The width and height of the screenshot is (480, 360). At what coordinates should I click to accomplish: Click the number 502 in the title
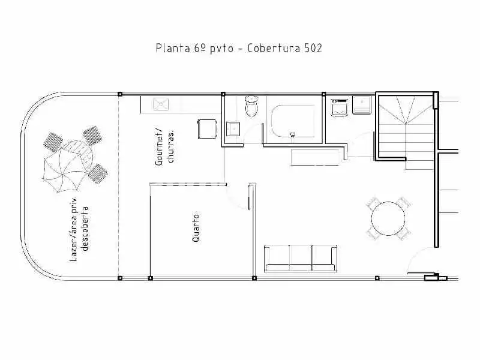313,49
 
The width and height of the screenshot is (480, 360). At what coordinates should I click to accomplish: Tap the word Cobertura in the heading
274,49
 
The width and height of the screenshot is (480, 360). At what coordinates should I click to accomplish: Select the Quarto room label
196,229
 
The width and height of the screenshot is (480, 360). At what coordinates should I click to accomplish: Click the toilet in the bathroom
251,106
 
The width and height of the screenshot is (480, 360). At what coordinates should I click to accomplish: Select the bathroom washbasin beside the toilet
233,129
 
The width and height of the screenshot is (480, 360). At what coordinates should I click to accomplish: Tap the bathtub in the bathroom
293,121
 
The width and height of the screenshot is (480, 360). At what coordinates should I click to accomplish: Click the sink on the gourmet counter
161,104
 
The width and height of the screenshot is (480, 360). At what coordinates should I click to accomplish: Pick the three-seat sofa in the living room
301,259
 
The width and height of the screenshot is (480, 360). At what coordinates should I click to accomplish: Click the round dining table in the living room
388,218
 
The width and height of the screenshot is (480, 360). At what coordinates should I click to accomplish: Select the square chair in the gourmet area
208,129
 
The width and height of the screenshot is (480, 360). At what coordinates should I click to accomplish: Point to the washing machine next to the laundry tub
339,108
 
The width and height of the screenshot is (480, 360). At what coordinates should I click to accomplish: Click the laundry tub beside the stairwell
362,105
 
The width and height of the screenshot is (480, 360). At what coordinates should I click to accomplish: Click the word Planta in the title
173,49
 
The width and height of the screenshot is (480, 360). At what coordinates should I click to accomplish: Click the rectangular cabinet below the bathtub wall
316,157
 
